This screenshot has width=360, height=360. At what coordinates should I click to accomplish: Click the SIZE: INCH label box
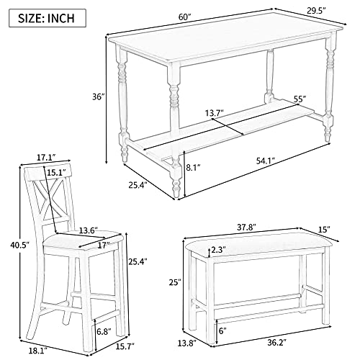point(48,18)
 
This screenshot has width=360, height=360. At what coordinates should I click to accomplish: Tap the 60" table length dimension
point(184,17)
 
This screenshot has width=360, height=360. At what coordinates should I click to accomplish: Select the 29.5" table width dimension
point(316,11)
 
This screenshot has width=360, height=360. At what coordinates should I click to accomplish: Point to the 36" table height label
point(99,97)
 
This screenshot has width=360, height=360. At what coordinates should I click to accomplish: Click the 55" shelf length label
point(300,99)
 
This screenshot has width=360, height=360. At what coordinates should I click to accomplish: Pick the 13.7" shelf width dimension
point(215,113)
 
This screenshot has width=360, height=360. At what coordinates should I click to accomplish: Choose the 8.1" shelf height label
point(194,167)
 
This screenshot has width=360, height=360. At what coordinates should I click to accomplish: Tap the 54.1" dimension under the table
point(266,161)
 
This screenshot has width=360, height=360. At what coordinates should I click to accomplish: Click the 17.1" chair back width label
point(46,158)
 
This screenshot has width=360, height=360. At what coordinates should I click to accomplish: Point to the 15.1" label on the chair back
point(56,172)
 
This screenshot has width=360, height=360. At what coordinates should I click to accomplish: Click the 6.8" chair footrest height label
point(104,332)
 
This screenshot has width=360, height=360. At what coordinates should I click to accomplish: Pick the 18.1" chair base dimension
point(38,351)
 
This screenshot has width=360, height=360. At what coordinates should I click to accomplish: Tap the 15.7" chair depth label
point(125,346)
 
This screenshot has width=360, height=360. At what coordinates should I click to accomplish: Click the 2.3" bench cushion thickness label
point(219,250)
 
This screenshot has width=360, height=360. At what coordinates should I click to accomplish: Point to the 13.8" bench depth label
point(186,343)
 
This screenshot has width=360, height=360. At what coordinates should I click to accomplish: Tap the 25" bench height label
point(174,282)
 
